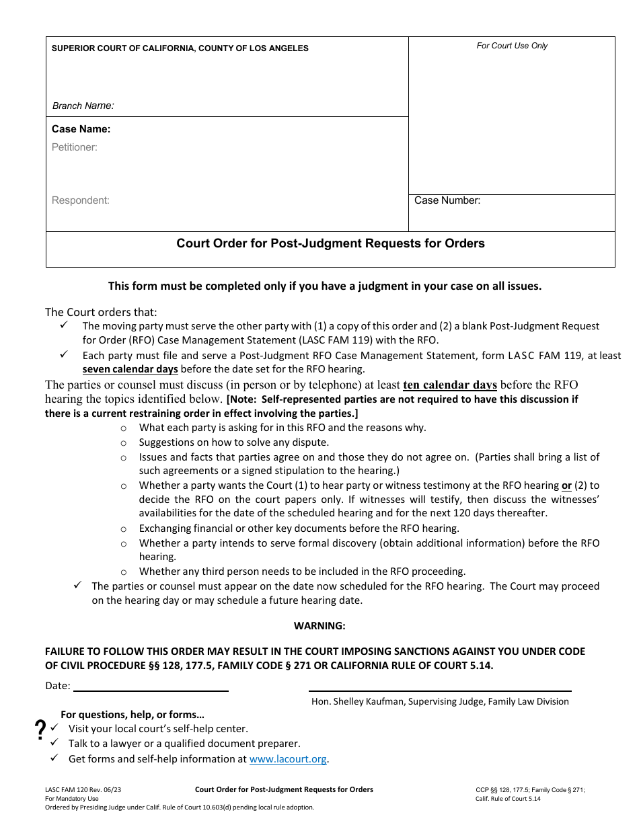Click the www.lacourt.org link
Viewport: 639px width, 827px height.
point(288,759)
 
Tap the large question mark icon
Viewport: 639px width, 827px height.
point(40,730)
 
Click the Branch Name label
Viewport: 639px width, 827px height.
point(83,106)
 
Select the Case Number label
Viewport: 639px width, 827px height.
point(447,200)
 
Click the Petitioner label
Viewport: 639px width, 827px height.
point(75,147)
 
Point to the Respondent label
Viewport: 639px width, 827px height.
point(80,200)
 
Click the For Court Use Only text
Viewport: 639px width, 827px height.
point(512,46)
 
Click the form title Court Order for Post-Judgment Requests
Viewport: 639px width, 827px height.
point(330,243)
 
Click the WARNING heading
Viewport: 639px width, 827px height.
point(319,626)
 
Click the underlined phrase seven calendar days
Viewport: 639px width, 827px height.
point(130,369)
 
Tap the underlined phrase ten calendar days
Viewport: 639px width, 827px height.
point(449,385)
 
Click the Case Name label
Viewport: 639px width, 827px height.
point(81,129)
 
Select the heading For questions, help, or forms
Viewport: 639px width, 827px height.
point(133,715)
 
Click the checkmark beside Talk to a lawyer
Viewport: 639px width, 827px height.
point(54,742)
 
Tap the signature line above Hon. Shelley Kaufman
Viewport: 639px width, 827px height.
point(439,691)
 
